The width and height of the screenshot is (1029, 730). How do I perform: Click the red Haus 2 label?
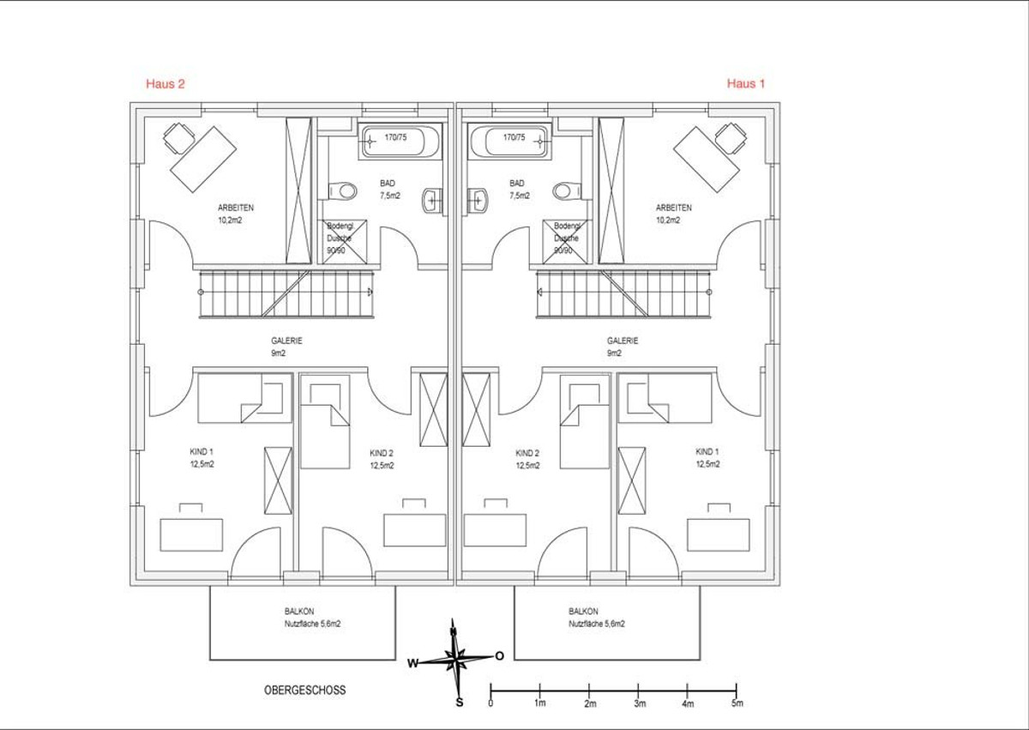[x=165, y=83]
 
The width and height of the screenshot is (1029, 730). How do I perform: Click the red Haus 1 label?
[x=746, y=83]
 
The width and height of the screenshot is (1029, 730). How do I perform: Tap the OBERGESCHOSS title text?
[x=304, y=690]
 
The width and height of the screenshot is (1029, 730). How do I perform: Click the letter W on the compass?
[x=412, y=663]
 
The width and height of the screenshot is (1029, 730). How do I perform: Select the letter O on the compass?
[x=499, y=656]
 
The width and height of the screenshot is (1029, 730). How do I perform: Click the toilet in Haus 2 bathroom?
[x=343, y=190]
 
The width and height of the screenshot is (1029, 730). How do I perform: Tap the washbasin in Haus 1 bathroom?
[x=478, y=201]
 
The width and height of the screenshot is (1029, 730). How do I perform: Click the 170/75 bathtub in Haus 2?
[x=400, y=141]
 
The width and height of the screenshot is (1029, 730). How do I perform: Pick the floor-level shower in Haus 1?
[x=565, y=242]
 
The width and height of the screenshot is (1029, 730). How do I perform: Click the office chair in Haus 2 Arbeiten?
[x=178, y=138]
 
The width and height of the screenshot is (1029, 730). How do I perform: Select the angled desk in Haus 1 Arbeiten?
[x=707, y=160]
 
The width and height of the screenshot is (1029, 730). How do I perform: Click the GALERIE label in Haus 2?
[x=286, y=341]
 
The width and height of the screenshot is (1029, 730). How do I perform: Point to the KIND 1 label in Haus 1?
[x=707, y=452]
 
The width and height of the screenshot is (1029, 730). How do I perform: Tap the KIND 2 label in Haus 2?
[x=382, y=454]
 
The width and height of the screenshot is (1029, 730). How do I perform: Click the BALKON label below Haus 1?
[x=583, y=612]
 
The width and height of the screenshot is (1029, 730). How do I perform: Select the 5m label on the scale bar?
[x=737, y=703]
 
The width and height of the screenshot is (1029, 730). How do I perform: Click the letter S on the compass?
[x=460, y=702]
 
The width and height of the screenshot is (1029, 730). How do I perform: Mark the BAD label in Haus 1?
[x=517, y=184]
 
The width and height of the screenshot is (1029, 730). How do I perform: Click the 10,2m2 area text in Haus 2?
[x=230, y=220]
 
